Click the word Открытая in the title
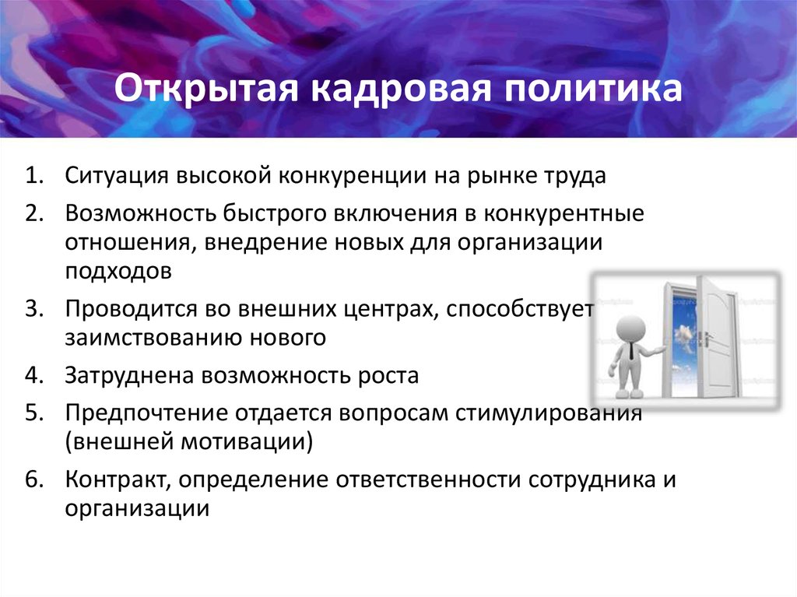205,89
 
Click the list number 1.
33,175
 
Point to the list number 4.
33,375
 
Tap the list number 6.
33,479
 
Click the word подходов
118,272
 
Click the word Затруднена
129,376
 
